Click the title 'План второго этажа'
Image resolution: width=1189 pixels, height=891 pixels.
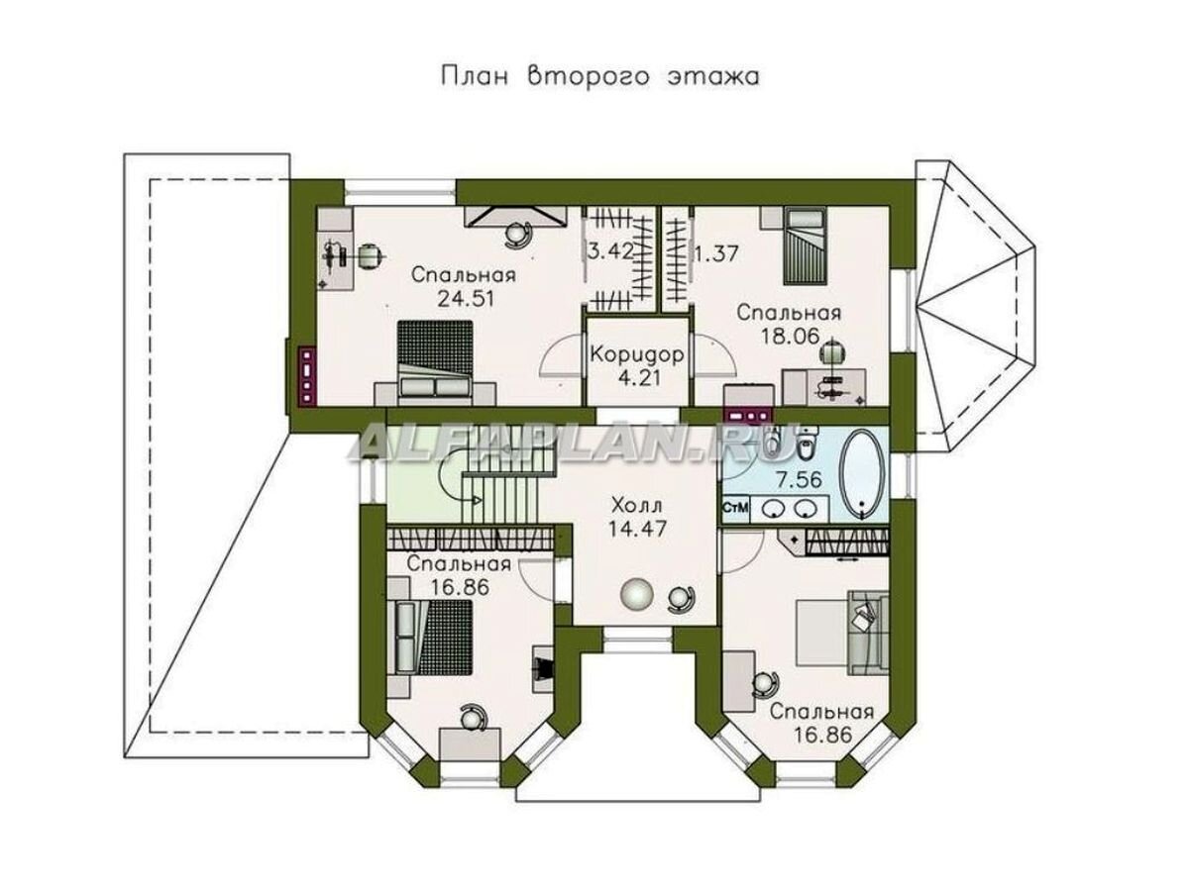(x=600, y=76)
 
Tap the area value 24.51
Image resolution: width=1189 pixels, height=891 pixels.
(x=466, y=299)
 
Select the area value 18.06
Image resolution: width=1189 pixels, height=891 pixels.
(x=790, y=337)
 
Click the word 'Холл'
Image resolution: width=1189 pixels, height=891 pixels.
(x=637, y=506)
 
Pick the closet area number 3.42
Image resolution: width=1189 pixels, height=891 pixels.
(x=610, y=252)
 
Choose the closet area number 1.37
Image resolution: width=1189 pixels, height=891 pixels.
(x=716, y=253)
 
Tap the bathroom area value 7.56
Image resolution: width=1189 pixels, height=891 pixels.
(x=799, y=479)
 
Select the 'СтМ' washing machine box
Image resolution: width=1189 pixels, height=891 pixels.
(x=735, y=508)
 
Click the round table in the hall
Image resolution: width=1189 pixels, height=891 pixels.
(x=637, y=595)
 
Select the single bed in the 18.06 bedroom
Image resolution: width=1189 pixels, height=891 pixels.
(x=806, y=247)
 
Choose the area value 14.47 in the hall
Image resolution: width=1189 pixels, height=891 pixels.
(x=637, y=529)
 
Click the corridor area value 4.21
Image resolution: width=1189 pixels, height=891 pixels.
(x=640, y=378)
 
